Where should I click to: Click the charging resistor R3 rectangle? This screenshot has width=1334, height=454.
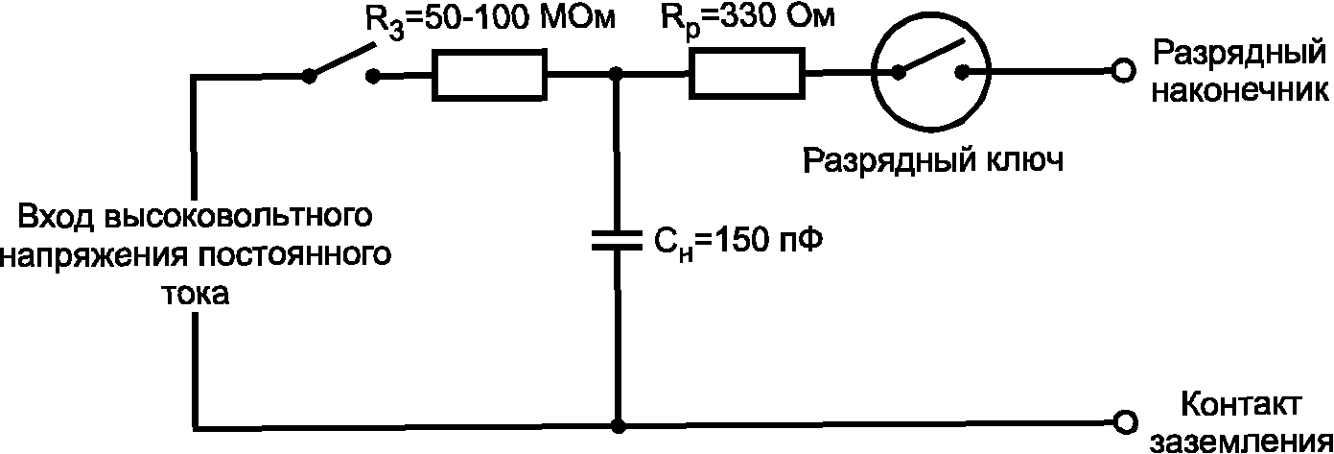(x=489, y=76)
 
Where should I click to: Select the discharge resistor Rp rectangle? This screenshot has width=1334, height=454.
(x=747, y=74)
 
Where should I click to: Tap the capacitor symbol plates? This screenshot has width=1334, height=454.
(x=617, y=240)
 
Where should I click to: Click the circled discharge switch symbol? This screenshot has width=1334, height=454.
(x=931, y=71)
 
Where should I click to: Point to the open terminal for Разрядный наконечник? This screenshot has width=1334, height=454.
(x=1123, y=71)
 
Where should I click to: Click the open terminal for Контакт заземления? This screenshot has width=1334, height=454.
(x=1125, y=422)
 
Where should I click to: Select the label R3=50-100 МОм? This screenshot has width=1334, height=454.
(x=489, y=21)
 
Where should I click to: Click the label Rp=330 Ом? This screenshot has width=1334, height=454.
(x=748, y=19)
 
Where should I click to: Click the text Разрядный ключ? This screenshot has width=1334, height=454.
(x=933, y=161)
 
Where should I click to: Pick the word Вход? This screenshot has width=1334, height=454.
(x=56, y=216)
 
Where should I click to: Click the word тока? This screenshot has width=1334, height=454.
(x=196, y=294)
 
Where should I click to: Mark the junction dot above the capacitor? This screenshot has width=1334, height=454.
(x=617, y=75)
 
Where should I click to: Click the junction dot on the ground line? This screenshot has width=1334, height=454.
(x=619, y=426)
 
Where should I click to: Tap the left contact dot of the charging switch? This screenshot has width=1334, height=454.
(x=309, y=76)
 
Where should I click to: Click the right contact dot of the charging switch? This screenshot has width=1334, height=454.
(x=373, y=76)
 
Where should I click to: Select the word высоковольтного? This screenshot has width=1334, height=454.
(x=238, y=216)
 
